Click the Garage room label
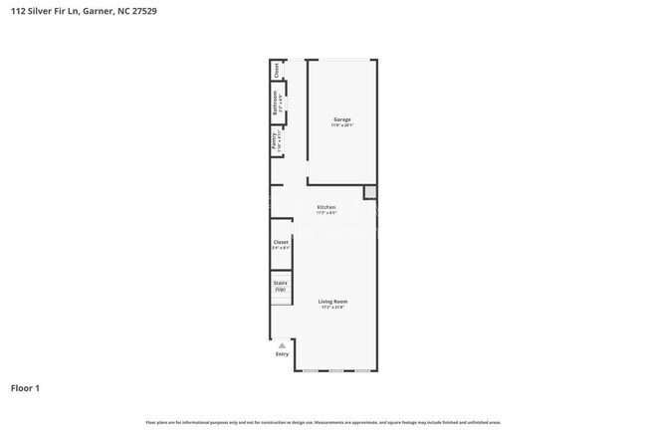pos(341,119)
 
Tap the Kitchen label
pos(326,207)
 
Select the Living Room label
pos(332,301)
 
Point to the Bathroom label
pos(277,102)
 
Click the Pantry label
pos(275,138)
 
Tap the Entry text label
pos(282,354)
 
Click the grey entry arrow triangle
pos(282,344)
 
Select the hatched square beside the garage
pos(371,191)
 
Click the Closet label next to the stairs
pos(281,242)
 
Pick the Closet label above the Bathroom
pos(277,70)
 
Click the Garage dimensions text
pos(341,125)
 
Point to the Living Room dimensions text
pos(332,307)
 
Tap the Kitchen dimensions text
pos(326,213)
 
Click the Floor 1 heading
pos(25,387)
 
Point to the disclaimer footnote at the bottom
pos(323,423)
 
